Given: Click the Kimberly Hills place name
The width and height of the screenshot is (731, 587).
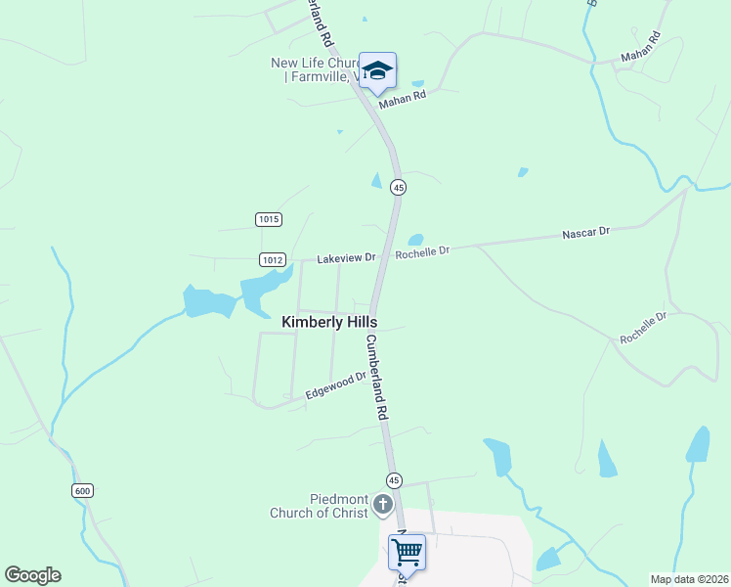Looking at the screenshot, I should (329, 321).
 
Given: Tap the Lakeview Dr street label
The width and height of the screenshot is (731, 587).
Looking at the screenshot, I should (346, 258).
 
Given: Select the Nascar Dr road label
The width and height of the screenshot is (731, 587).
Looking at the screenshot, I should (585, 233).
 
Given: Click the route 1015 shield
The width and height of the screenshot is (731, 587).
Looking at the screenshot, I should (270, 219).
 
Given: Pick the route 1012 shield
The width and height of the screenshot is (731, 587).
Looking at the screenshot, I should (273, 259).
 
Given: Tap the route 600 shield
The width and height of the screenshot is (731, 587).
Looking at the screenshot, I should (81, 489).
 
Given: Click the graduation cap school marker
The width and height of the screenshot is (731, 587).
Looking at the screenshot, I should (377, 70).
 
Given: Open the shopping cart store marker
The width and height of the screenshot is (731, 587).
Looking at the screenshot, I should (407, 551).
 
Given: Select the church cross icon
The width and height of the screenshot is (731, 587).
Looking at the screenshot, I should (383, 505).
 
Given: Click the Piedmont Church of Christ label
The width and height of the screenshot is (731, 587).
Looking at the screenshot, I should (320, 505).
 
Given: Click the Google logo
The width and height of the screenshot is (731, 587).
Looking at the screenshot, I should (32, 575).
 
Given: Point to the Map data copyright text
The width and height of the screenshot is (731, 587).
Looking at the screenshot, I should (688, 579).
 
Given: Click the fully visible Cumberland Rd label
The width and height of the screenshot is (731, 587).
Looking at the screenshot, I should (377, 378).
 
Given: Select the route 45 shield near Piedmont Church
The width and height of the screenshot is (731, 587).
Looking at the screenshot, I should (393, 479).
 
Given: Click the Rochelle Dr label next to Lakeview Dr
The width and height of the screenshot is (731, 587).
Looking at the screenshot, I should (422, 251).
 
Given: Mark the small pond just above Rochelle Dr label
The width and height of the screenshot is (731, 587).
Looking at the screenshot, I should (415, 240).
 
